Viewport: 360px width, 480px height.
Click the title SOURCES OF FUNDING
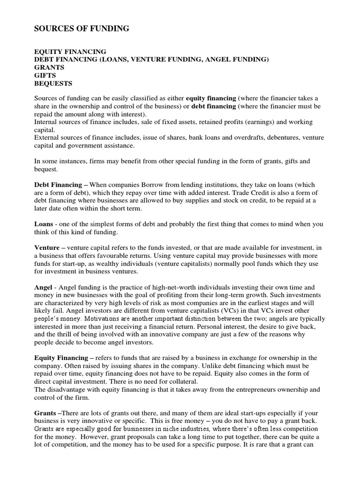(x=82, y=29)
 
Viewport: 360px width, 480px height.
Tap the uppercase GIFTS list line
(x=45, y=75)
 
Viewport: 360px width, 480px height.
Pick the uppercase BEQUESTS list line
(x=53, y=83)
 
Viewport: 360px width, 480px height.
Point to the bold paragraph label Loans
(x=44, y=224)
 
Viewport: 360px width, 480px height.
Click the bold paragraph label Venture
(x=47, y=247)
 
